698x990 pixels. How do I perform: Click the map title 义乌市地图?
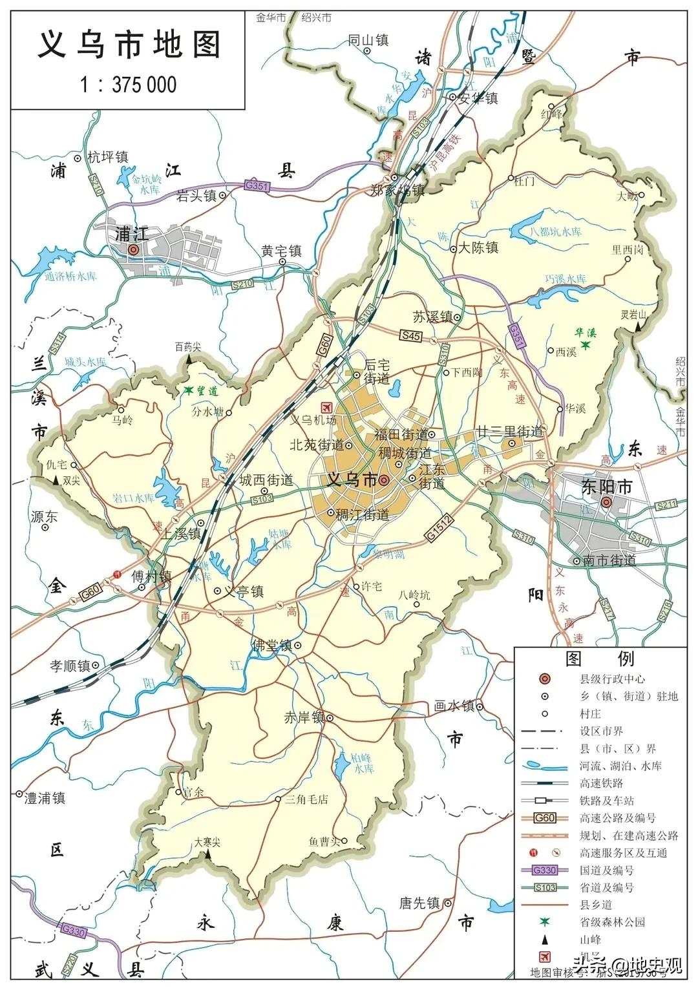(129, 46)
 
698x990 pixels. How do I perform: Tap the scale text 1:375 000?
(128, 85)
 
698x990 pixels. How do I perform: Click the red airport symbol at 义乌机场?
(326, 407)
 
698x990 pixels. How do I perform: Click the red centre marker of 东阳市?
(606, 503)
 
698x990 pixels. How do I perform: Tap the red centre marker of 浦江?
(133, 249)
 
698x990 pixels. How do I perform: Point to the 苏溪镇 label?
(432, 317)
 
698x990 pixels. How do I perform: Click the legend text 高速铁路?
(602, 783)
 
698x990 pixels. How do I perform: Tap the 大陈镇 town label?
(479, 247)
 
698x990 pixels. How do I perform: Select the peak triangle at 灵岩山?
(638, 328)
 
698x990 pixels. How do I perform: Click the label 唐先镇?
(420, 903)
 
